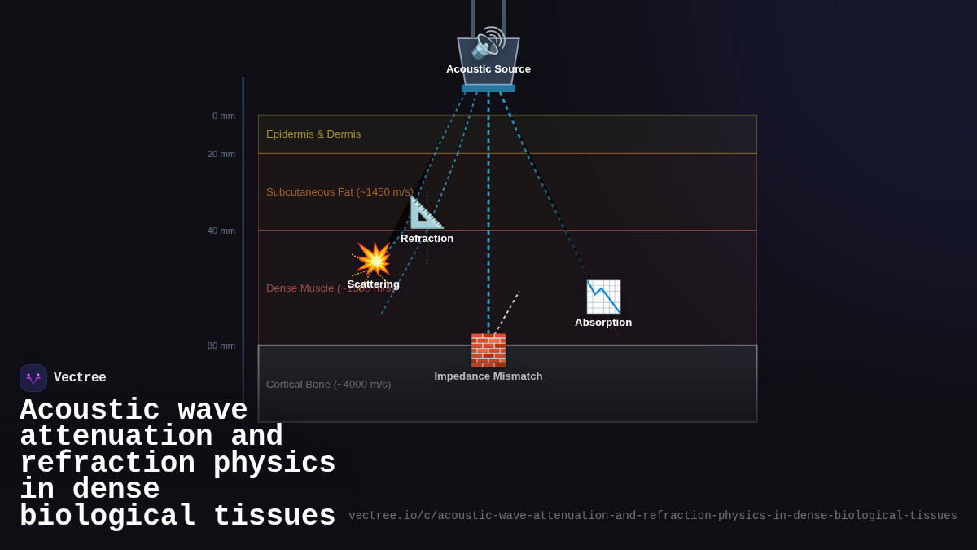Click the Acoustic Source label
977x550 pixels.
[488, 69]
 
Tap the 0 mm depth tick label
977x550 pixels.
[224, 116]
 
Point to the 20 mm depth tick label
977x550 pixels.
[221, 154]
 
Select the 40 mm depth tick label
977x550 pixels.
[221, 231]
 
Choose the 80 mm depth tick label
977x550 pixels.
[221, 345]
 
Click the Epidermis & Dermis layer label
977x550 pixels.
[313, 134]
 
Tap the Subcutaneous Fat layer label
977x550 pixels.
[340, 192]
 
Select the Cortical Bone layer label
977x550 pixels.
[328, 385]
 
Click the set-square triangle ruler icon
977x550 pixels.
[427, 213]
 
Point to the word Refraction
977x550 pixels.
[427, 239]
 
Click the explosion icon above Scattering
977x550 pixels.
[374, 259]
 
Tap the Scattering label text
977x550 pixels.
[374, 284]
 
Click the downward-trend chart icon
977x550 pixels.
[603, 297]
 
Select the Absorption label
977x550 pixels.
[603, 323]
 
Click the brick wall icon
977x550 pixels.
[488, 350]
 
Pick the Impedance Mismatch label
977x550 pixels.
[488, 376]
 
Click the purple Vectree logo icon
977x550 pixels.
[33, 378]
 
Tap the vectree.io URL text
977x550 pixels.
[652, 516]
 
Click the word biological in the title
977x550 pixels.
[107, 517]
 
